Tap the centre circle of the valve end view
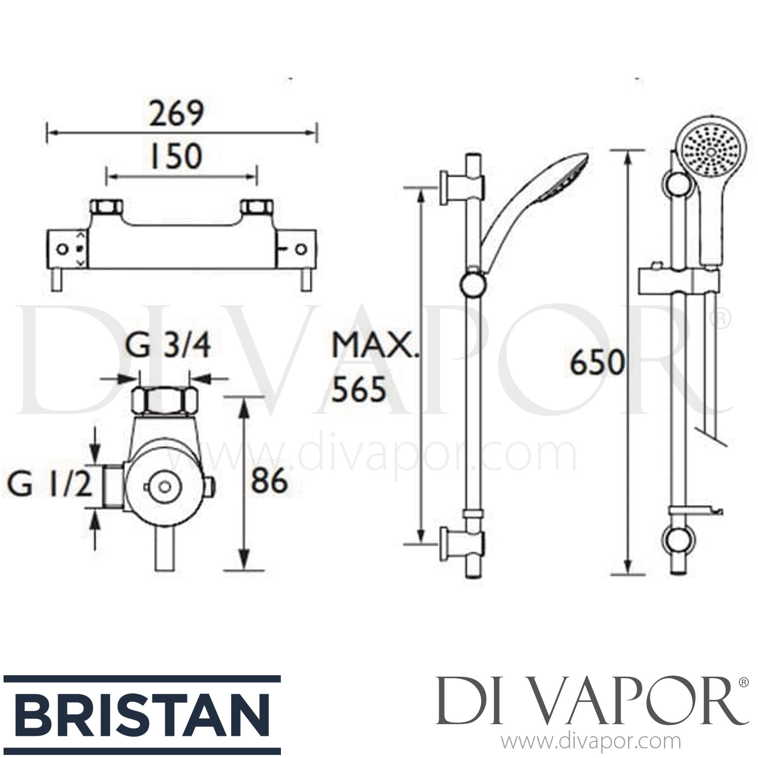163,487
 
